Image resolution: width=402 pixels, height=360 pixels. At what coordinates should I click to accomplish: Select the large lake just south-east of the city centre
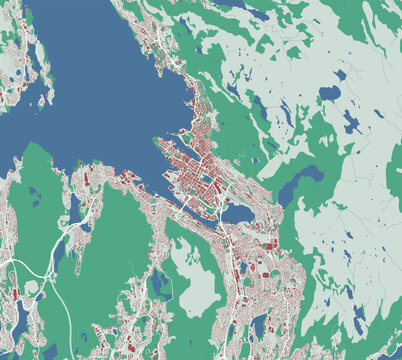click(238, 214)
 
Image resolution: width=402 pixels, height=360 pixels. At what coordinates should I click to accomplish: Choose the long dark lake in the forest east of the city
click(297, 184)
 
